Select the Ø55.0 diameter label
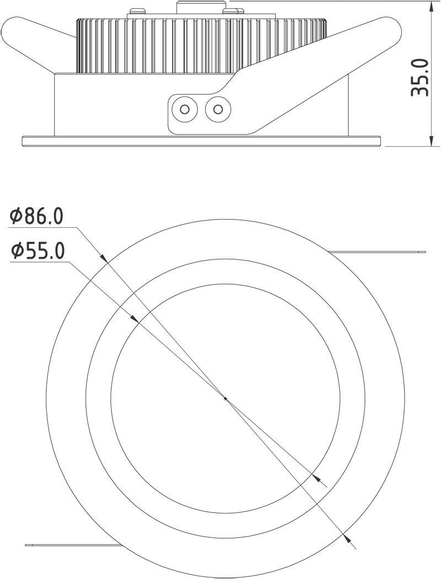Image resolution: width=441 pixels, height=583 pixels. tap(37, 250)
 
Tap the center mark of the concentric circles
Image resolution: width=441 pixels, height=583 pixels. tap(225, 398)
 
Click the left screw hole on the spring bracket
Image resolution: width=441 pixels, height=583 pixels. tap(184, 109)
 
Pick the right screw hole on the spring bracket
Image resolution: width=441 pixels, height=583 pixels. tap(218, 109)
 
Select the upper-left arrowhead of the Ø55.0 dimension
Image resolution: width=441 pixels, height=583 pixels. tap(135, 319)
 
